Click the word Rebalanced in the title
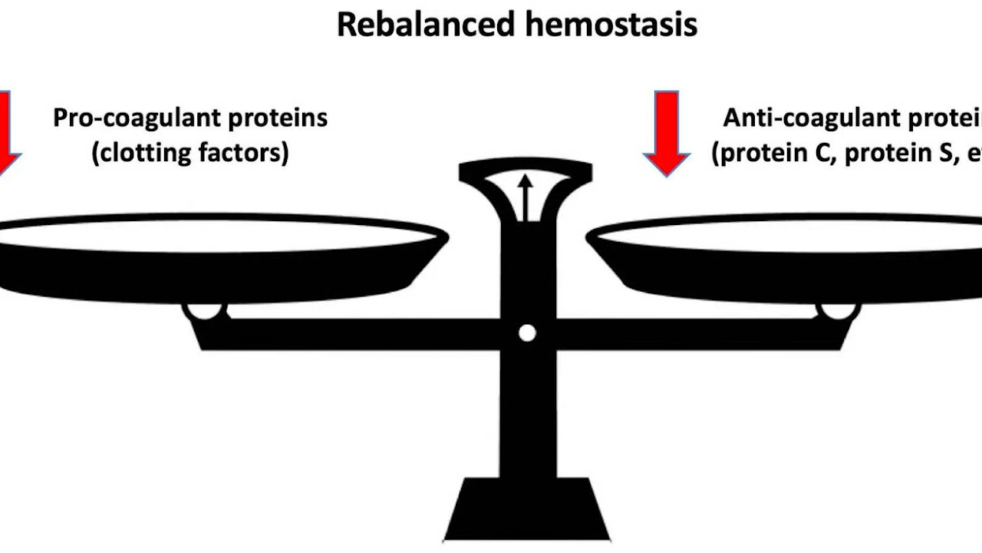coord(419,25)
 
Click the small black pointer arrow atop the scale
coord(526,197)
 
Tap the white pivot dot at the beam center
coord(526,333)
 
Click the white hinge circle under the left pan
coord(205,311)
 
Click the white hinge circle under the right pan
coord(838,311)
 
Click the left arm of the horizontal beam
coord(345,333)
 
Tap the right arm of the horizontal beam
coord(690,333)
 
